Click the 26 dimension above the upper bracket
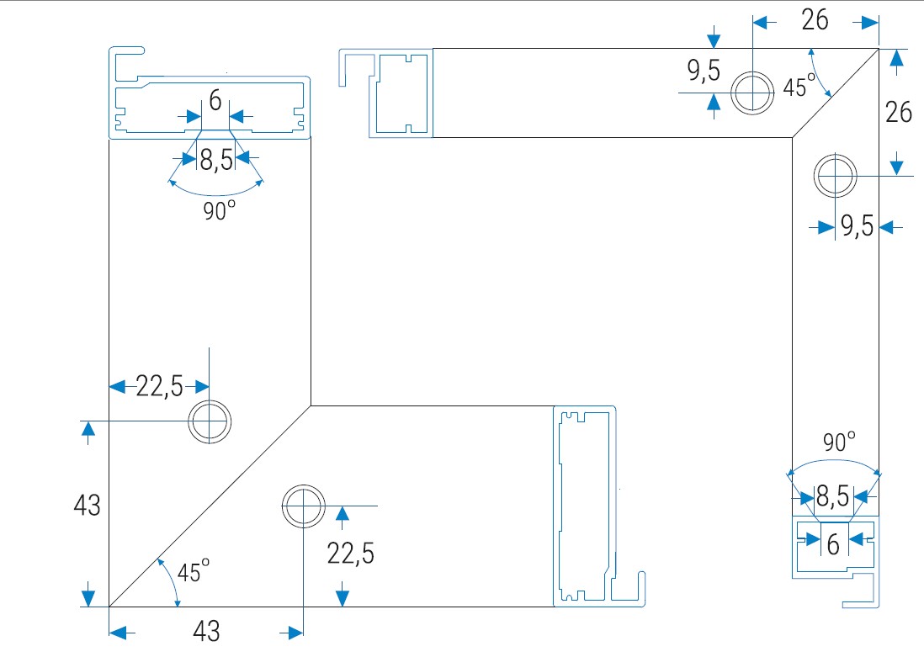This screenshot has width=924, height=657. coord(815,20)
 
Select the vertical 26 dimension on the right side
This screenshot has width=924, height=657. coord(900,112)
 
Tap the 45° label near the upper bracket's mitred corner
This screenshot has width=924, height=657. coord(799,87)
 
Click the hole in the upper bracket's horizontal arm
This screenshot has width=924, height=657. coord(751,92)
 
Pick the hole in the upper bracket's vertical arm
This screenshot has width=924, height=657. coord(836,176)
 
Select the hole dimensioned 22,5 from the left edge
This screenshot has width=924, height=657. coord(210,421)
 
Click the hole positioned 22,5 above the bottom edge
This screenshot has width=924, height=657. coord(303,506)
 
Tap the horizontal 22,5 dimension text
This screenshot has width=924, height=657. coord(160,386)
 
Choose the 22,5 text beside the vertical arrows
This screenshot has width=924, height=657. coord(351,553)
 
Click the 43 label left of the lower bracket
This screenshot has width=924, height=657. coord(87,506)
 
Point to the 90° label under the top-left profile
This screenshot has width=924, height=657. coord(218,211)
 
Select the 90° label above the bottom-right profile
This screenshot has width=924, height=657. coord(838,441)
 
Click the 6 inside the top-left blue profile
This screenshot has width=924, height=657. coord(215,102)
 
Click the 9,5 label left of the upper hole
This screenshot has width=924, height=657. coord(704,72)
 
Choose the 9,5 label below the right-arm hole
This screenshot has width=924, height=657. coord(857,226)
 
